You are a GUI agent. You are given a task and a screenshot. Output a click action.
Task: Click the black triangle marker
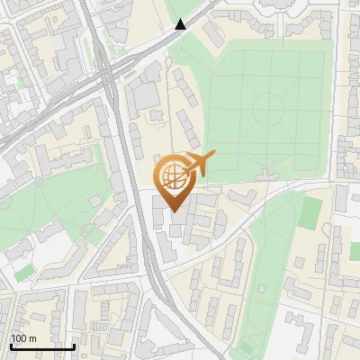coord(181,24)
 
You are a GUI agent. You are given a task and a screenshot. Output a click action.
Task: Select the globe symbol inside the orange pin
coord(174,175)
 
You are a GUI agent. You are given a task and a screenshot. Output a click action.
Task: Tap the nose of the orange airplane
coord(214,154)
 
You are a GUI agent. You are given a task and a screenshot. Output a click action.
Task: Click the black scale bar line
coord(42,346)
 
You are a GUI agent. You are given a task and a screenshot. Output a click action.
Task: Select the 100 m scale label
coord(23,338)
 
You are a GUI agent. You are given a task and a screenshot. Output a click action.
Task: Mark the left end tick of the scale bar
coord(10,346)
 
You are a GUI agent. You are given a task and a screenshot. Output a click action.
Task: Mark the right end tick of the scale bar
coord(75,346)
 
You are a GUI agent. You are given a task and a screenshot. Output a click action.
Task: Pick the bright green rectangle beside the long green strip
coord(310,212)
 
